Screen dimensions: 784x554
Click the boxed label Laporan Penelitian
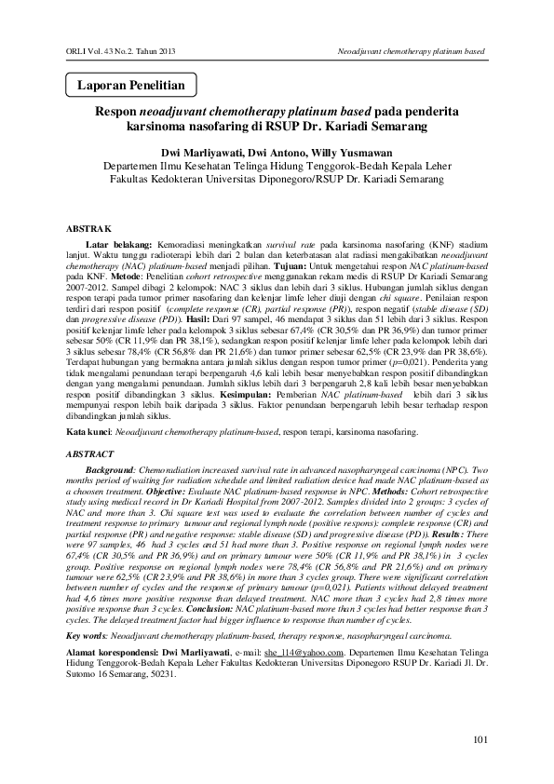130,86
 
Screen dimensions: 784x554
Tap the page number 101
480,740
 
